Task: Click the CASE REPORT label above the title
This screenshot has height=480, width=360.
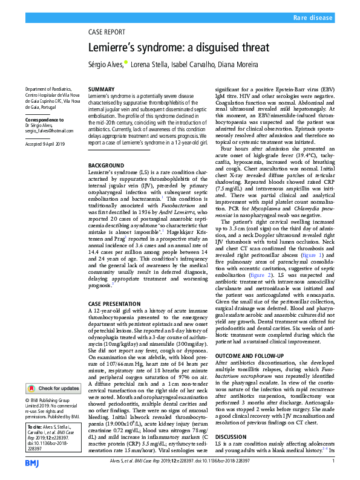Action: click(106, 33)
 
